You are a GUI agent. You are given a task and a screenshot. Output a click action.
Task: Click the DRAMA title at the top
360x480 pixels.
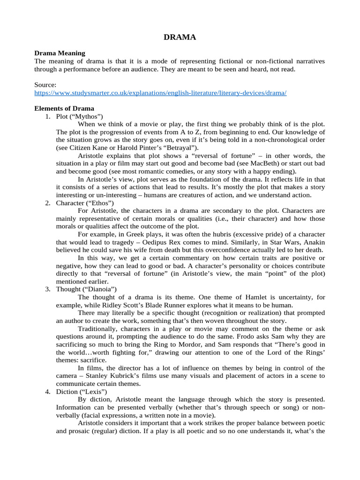click(x=180, y=37)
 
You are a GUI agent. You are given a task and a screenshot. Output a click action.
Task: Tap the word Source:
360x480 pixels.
click(x=45, y=85)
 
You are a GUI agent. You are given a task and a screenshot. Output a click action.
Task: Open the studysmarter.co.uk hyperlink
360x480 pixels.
click(x=160, y=93)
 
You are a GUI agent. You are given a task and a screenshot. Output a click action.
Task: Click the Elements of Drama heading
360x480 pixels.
click(x=64, y=108)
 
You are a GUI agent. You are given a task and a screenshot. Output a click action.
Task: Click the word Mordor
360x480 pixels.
click(x=176, y=345)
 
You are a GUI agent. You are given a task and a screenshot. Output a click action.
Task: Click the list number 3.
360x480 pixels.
click(x=48, y=289)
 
